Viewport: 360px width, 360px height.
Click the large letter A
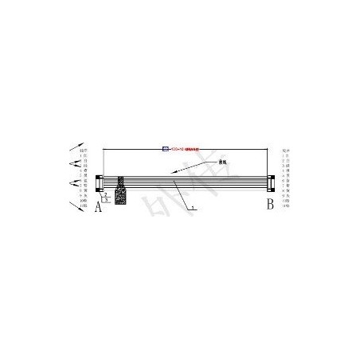pos(98,208)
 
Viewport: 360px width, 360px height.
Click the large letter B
pos(270,205)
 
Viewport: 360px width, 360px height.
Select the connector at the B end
pos(269,182)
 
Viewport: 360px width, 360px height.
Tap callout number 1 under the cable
pos(191,206)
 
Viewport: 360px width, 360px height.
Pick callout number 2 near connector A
pos(105,194)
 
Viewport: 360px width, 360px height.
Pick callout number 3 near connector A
pos(106,200)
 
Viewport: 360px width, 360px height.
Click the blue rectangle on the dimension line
pos(166,148)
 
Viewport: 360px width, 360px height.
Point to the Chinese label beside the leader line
pos(211,162)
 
